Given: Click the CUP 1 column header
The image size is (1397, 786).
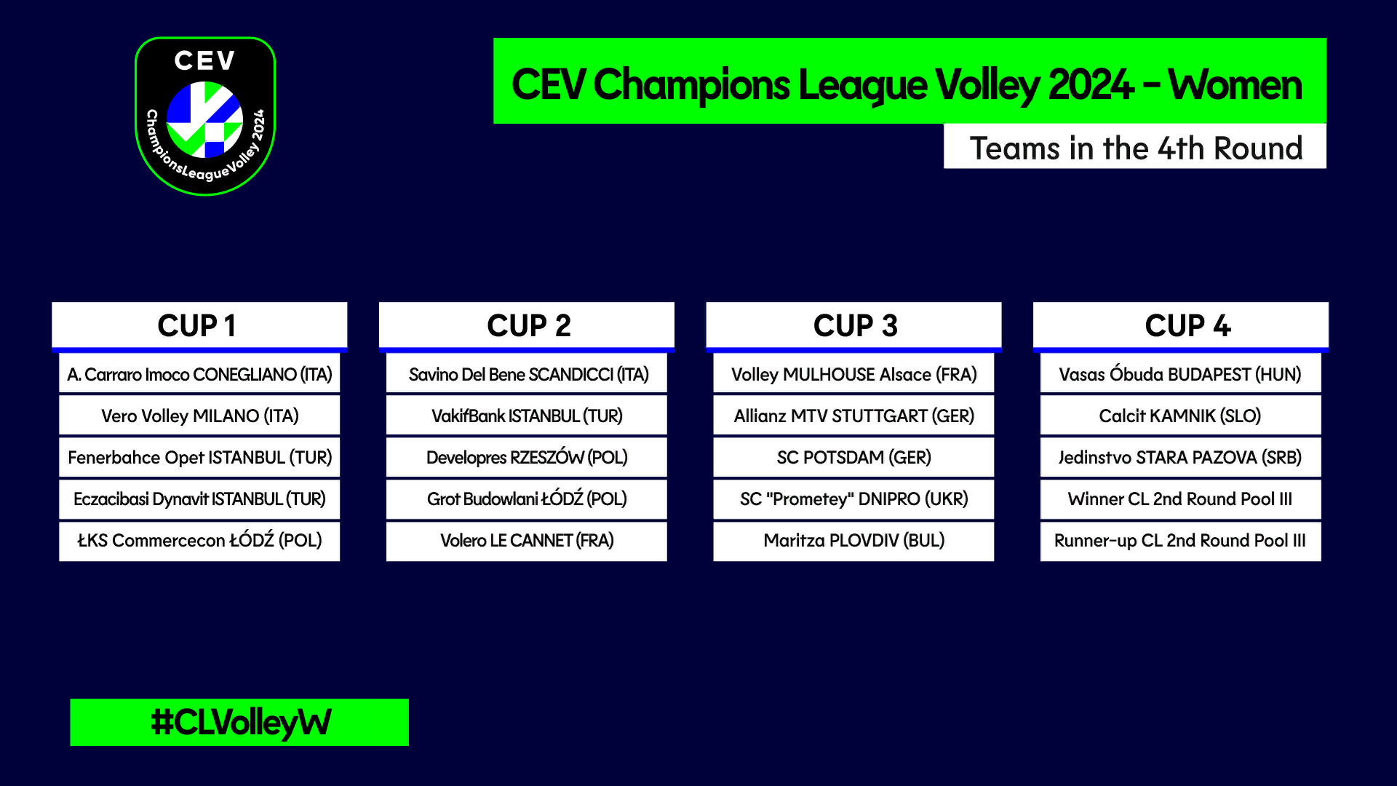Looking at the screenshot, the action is click(x=199, y=325).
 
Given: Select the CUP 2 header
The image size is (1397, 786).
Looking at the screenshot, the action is click(x=527, y=325).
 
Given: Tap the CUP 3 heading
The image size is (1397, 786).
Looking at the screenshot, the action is click(x=853, y=325).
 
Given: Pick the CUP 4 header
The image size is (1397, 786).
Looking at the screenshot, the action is click(x=1181, y=325).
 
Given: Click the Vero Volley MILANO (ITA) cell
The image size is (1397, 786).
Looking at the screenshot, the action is click(x=199, y=416).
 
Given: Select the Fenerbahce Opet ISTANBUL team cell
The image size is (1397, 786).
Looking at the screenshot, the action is click(x=199, y=457).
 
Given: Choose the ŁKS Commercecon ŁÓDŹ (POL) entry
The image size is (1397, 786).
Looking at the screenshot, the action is click(x=199, y=541).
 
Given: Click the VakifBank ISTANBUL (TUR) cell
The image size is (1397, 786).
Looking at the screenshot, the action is click(x=527, y=416).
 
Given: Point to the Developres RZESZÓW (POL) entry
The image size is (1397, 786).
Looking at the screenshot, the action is click(x=527, y=457).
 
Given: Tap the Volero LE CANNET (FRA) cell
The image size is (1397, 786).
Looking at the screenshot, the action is click(x=527, y=541).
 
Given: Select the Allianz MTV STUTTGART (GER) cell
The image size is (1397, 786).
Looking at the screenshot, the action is click(x=853, y=416).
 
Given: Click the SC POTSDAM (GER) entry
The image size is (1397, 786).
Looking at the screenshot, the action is click(x=853, y=457).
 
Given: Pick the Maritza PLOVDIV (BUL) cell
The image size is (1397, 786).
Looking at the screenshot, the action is click(x=853, y=541).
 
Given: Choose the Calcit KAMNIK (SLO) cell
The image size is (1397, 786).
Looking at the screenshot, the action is click(x=1181, y=416).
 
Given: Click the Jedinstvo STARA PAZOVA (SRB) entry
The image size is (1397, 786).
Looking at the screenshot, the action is click(x=1181, y=457).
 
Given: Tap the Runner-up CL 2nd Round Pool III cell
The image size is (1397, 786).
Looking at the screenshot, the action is click(x=1181, y=541).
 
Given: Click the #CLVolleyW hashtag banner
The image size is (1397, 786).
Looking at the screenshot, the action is click(x=239, y=722).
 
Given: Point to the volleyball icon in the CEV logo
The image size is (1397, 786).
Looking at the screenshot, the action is click(x=204, y=119).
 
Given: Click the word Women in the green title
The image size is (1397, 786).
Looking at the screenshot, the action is click(x=1235, y=84).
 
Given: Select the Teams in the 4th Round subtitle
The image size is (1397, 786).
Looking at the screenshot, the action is click(x=1136, y=148).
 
